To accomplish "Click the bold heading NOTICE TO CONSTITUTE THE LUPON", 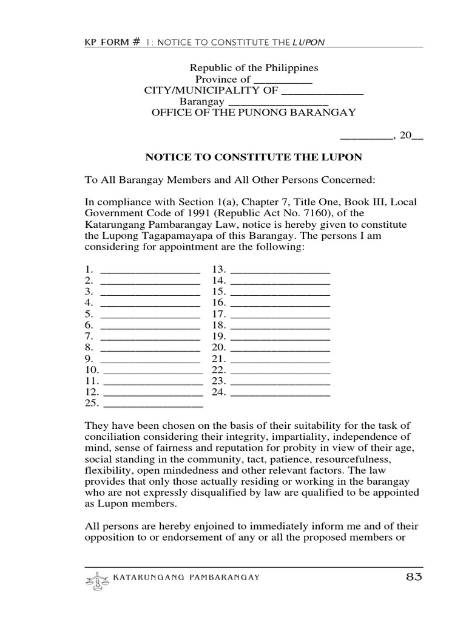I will [254, 157].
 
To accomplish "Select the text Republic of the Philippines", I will [254, 68].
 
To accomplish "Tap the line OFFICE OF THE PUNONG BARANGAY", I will [254, 113].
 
